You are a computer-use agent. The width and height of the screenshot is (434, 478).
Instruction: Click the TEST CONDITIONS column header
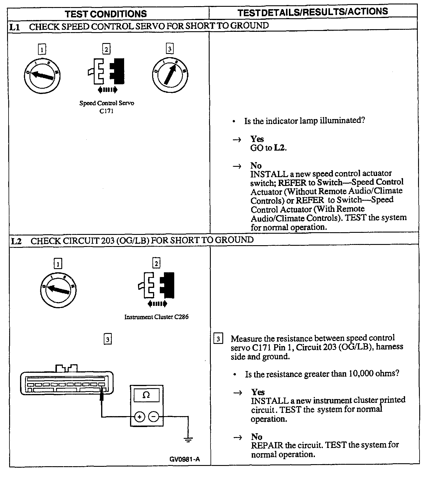point(106,14)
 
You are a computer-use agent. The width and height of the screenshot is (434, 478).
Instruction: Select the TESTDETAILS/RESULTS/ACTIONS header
point(313,12)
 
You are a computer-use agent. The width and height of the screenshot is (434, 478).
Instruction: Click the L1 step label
point(14,27)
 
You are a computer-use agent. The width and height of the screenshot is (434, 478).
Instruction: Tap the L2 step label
point(16,241)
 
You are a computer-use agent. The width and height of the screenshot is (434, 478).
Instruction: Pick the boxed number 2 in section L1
point(106,49)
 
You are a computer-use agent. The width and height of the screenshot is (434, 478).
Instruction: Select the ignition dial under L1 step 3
point(170,75)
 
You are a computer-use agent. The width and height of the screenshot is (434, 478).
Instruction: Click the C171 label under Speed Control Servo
point(106,111)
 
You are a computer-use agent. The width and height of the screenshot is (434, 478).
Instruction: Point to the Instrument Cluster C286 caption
point(156,317)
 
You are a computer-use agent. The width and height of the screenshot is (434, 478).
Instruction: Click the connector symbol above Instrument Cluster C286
point(156,286)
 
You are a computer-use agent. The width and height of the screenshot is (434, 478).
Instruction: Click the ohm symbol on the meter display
point(146,395)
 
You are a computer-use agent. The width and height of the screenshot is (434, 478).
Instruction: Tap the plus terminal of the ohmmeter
point(140,417)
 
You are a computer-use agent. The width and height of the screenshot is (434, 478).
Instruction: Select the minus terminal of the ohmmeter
point(153,417)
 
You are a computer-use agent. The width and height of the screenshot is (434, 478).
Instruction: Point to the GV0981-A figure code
point(185,459)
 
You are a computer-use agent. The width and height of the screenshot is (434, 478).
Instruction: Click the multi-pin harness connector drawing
point(67,382)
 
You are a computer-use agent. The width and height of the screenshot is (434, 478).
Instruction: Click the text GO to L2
point(268,148)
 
